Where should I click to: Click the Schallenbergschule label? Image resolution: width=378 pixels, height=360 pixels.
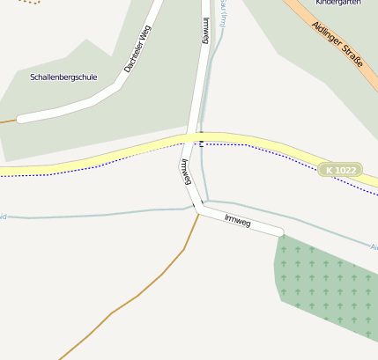click(x=63, y=77)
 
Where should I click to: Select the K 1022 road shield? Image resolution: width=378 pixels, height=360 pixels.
click(x=341, y=169)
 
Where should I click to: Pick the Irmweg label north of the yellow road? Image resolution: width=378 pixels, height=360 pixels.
click(x=205, y=31)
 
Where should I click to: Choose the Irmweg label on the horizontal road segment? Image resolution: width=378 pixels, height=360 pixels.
click(x=238, y=221)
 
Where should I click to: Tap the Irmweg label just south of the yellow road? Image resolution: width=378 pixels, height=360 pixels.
click(x=186, y=172)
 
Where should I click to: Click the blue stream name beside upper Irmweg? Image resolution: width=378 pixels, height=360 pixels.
click(x=224, y=14)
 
